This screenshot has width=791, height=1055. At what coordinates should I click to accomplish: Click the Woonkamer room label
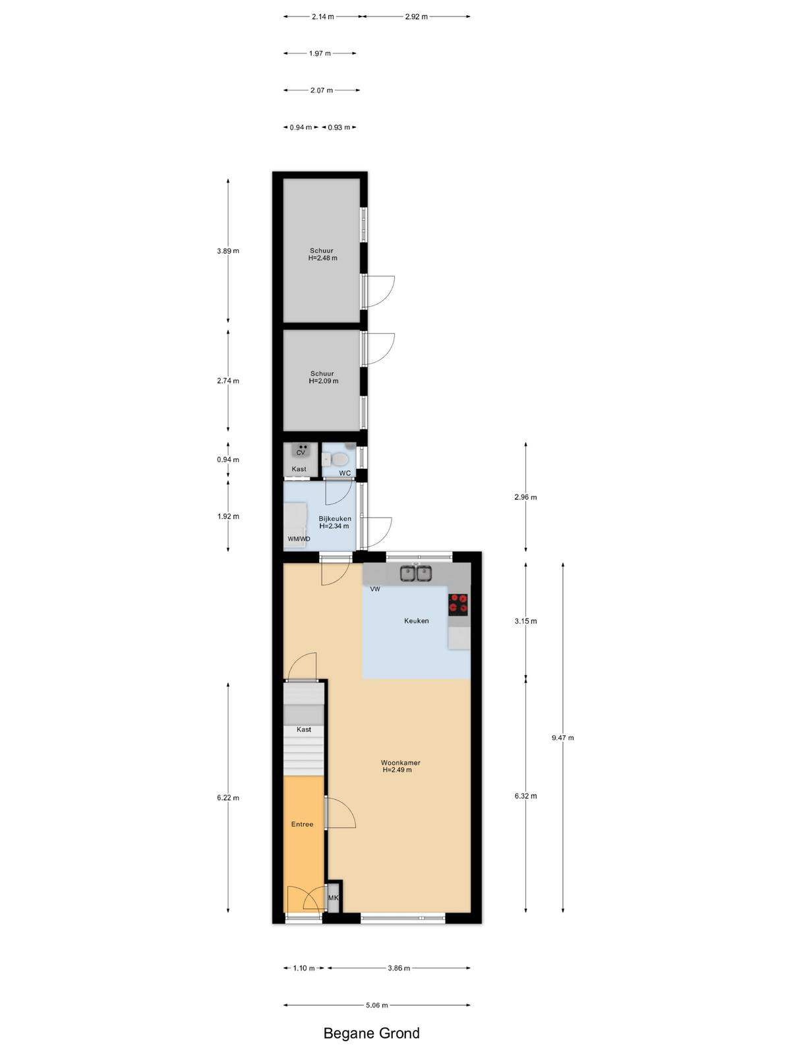401,762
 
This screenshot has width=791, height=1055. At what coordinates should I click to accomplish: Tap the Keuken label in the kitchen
417,620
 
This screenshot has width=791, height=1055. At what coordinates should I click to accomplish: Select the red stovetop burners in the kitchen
458,605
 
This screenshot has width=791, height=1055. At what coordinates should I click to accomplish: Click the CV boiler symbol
301,450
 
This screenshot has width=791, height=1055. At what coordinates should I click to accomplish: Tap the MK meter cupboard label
334,897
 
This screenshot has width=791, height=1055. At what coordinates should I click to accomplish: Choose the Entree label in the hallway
302,824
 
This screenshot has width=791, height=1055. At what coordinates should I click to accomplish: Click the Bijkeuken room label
335,519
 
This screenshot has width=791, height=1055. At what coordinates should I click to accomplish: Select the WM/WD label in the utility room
299,539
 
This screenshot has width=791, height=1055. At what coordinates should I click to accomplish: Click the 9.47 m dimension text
563,737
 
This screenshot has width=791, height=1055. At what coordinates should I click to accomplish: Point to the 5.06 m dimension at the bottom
377,1004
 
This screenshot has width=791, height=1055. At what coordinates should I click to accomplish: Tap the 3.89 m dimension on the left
228,251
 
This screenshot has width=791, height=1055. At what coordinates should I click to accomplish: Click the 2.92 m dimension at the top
416,16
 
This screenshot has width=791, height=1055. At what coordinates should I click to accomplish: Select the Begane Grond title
372,1033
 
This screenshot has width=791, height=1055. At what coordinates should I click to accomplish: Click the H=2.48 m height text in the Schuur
323,258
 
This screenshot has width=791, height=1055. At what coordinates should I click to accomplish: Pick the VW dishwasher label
375,589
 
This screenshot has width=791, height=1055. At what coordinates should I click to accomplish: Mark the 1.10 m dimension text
304,968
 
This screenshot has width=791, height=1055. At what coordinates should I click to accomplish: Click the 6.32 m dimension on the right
526,795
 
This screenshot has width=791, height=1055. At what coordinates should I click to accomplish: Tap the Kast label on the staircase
304,729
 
